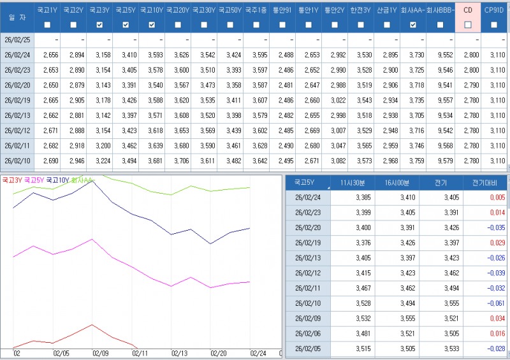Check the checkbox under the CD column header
pos(469,25)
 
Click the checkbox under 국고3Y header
pos(99,25)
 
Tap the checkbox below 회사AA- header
pos(412,25)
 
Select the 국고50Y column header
pos(229,10)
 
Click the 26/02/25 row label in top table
pos(17,39)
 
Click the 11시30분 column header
pos(353,182)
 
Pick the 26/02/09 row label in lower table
pos(307,319)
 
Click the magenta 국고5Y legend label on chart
pos(34,180)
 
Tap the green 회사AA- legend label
pos(82,180)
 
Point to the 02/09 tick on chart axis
pos(101,352)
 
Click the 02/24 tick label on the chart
pos(258,352)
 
